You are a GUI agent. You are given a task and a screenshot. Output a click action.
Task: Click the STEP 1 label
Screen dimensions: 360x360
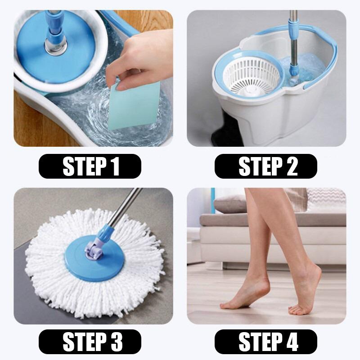click(x=90, y=166)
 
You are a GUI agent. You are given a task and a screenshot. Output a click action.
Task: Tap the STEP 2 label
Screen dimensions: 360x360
click(x=265, y=166)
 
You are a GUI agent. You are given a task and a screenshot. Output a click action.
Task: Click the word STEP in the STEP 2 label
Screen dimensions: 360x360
click(x=254, y=166)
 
